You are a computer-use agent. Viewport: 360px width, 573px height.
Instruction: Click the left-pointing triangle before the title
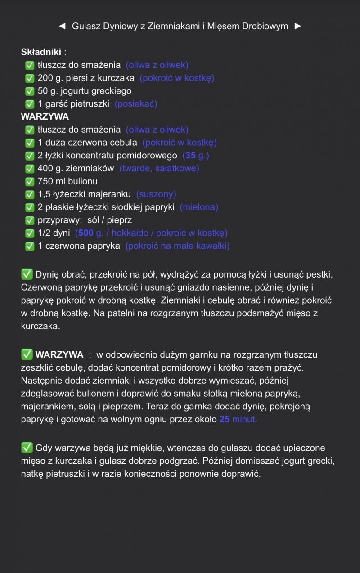point(63,26)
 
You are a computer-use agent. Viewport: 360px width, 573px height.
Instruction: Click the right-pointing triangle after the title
point(297,26)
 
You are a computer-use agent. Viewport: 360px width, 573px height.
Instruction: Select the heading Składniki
point(41,52)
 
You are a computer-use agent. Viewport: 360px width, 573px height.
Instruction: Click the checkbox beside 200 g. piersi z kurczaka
point(30,78)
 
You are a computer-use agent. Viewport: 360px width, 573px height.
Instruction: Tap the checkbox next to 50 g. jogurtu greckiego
point(30,91)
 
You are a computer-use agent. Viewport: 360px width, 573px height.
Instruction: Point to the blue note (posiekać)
point(136,104)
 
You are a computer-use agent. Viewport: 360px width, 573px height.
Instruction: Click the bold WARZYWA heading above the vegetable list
point(45,117)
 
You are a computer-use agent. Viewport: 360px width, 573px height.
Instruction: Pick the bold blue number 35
point(190,156)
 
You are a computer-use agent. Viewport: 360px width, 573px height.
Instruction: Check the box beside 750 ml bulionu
point(30,182)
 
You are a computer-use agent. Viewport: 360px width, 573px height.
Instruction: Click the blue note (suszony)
point(156,194)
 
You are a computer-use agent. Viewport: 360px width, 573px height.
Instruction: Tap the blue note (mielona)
point(199,207)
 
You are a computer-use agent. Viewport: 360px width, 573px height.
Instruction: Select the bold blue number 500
point(85,233)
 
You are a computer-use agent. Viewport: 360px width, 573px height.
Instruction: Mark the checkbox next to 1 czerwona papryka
point(30,246)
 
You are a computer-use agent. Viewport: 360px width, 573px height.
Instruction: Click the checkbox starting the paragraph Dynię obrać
point(27,274)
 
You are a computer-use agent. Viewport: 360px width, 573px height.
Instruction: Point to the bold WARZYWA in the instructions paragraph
point(59,354)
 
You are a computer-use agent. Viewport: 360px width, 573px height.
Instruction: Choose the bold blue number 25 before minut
point(225,420)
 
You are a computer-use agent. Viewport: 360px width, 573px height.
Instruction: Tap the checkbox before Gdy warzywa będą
point(27,448)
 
